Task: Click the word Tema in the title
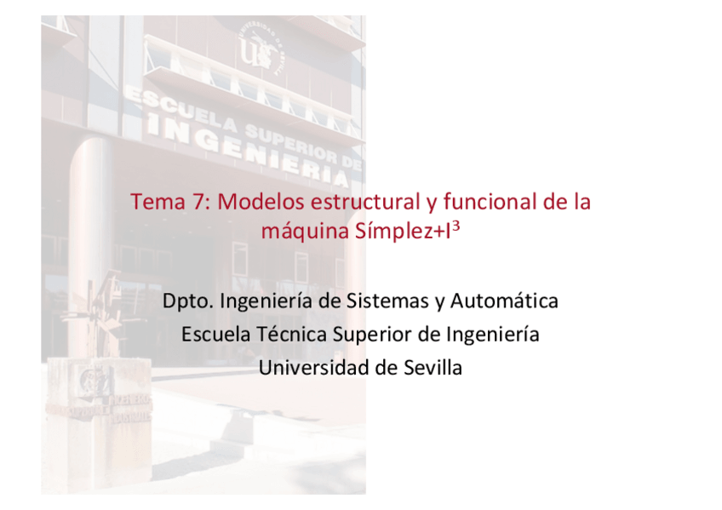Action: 158,202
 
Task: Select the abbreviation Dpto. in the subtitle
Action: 188,301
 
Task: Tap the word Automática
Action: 504,301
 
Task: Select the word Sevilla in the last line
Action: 433,368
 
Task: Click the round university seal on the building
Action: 261,48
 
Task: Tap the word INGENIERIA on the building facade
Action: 248,149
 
